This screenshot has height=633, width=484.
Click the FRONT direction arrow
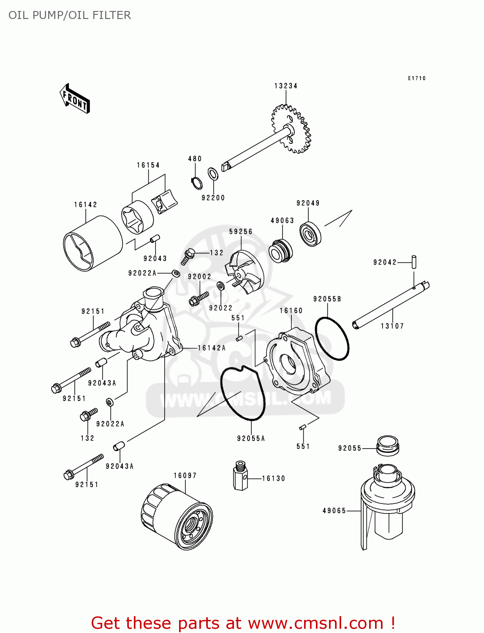click(x=75, y=99)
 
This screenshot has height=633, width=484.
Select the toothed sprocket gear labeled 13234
click(x=291, y=129)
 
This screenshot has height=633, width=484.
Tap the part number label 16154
click(x=148, y=165)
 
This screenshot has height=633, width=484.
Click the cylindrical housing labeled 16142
click(x=92, y=244)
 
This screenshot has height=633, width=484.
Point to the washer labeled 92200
click(x=213, y=173)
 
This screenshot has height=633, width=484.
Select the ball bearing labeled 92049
click(x=310, y=233)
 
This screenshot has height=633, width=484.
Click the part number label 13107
click(x=392, y=326)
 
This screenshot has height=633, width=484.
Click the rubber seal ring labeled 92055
click(x=387, y=446)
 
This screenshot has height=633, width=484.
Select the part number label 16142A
click(x=212, y=348)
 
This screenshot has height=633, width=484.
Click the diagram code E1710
click(x=416, y=78)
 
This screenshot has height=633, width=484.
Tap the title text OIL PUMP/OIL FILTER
click(x=70, y=15)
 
